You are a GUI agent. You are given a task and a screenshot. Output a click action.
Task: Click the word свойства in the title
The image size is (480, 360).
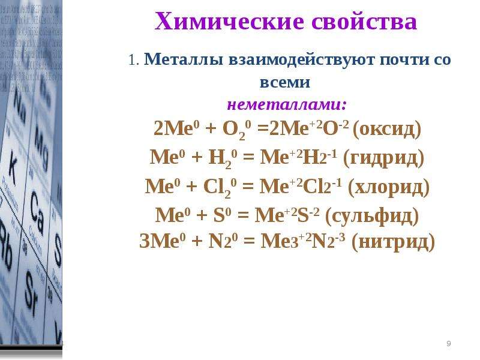(364, 22)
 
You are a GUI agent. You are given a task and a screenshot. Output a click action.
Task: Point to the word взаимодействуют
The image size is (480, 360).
(302, 59)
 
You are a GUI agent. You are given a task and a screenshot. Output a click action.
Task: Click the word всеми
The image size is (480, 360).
(285, 82)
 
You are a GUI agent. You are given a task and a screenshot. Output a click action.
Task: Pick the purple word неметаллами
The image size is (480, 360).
(287, 105)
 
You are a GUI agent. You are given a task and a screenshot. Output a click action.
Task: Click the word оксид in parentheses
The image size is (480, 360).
(387, 129)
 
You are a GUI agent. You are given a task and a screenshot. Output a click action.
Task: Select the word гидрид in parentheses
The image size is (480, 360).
(384, 158)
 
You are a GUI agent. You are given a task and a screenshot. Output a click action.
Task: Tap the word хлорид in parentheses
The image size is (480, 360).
(389, 187)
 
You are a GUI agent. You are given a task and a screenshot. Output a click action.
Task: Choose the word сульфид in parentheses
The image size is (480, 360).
(372, 215)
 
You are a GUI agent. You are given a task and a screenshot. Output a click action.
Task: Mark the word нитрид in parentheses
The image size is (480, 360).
(394, 241)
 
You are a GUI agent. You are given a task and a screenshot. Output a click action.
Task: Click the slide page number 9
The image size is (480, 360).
(448, 343)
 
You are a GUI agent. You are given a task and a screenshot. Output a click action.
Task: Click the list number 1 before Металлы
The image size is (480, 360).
(132, 60)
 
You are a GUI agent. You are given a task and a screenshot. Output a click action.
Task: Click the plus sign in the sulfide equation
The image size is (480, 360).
(202, 215)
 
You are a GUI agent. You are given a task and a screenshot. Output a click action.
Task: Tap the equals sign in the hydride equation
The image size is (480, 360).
(248, 158)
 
